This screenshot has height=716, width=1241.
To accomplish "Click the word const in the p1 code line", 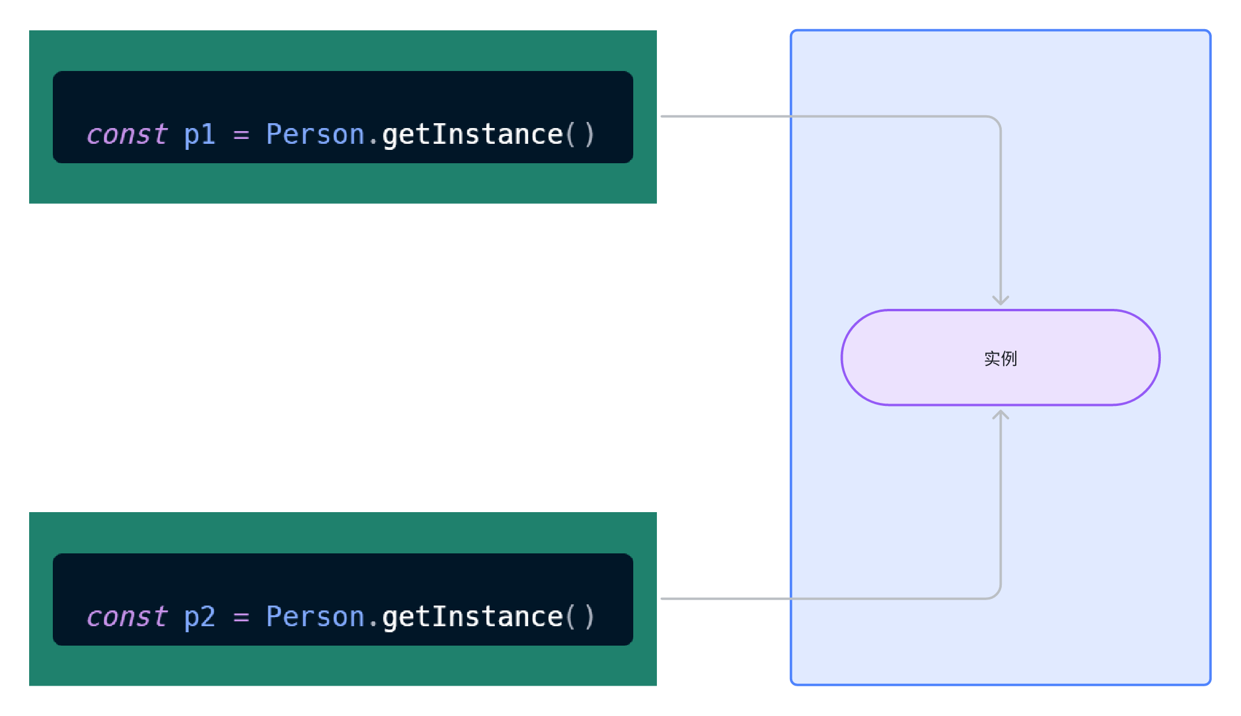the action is (x=127, y=134).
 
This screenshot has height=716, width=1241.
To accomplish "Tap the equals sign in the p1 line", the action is (x=241, y=135).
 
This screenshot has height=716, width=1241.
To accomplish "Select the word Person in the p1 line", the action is (x=315, y=134).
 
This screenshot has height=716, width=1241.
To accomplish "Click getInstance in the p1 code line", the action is (x=472, y=135).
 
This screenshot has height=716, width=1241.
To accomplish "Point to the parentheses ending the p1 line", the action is (x=580, y=135).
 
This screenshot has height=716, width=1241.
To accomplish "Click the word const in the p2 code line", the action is (x=127, y=616).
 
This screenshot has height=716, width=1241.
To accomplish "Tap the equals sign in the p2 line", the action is (x=241, y=618).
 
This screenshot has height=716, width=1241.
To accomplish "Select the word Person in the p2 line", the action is (x=315, y=616).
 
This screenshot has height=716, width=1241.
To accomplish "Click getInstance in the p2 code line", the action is (x=472, y=617).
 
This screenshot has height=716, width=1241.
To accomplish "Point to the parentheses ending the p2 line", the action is (x=580, y=617).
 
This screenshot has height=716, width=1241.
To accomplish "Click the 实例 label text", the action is (x=1001, y=359).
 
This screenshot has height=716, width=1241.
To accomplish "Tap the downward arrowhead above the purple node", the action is (x=1001, y=300).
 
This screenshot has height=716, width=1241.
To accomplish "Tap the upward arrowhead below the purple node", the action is (x=1001, y=415).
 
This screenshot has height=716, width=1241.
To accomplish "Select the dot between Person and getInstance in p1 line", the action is (x=373, y=144).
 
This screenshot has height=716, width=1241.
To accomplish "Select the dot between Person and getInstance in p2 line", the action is (x=373, y=626).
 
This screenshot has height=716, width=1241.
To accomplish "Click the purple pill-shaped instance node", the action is (x=1001, y=357).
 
